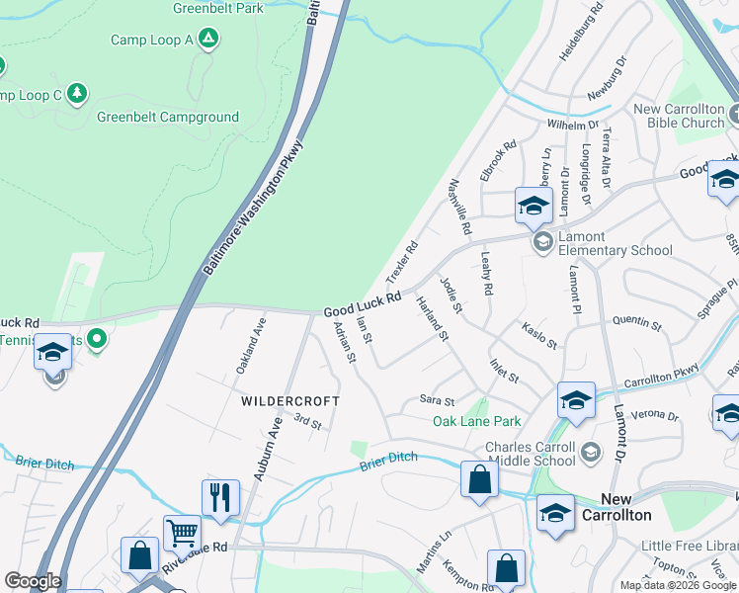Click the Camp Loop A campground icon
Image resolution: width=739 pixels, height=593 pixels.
(207, 39)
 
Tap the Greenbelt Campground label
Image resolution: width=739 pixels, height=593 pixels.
(168, 117)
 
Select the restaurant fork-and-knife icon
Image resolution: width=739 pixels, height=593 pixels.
(219, 496)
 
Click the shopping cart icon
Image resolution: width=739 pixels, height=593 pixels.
(182, 533)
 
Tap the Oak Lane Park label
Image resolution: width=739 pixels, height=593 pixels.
(476, 422)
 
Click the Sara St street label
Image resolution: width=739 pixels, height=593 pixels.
(437, 401)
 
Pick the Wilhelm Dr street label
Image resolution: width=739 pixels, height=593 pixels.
(573, 126)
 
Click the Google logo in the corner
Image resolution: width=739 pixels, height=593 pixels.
(33, 581)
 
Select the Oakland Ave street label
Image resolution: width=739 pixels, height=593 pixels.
(251, 345)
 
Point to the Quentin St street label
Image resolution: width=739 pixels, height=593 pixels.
(636, 321)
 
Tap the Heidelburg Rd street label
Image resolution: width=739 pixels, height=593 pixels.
(582, 38)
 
